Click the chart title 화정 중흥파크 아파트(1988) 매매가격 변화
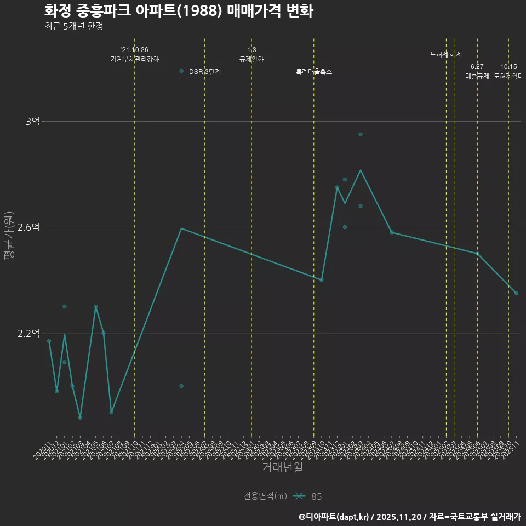pos(179,11)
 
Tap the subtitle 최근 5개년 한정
pos(73,26)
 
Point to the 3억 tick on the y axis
pos(32,121)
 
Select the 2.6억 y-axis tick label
pos(28,227)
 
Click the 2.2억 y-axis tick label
pos(28,333)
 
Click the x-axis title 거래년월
pos(282,467)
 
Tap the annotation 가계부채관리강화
pos(135,59)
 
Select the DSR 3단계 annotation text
pos(204,72)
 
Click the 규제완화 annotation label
pos(251,59)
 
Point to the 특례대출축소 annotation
pos(314,72)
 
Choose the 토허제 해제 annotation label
pos(446,54)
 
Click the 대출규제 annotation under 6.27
pos(477,76)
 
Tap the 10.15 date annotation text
pos(508,67)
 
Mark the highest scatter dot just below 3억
pos(361,134)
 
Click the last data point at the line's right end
pos(516,293)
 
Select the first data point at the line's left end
pos(49,341)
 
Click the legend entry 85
pos(316,496)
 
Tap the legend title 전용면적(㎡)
pos(265,496)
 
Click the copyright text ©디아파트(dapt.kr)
pos(334,516)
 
